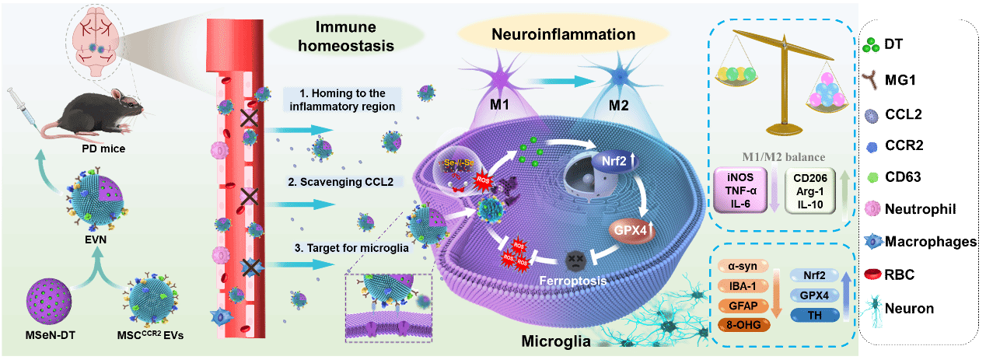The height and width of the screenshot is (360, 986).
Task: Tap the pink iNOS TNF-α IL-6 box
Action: coord(743,191)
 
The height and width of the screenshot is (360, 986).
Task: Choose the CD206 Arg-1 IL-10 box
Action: coord(811,191)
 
